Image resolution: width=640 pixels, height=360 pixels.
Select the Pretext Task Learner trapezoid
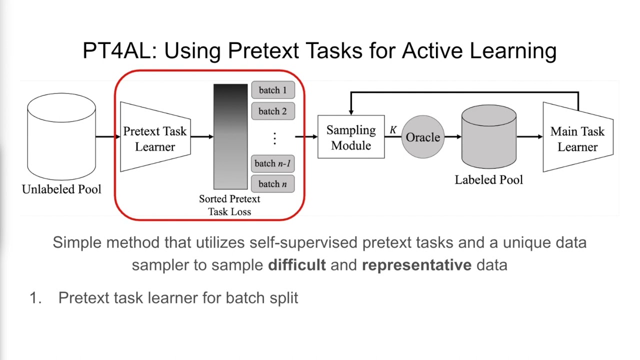(155, 137)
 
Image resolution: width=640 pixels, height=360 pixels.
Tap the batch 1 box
(272, 90)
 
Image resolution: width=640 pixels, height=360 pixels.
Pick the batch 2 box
(272, 111)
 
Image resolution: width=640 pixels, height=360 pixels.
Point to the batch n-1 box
(272, 163)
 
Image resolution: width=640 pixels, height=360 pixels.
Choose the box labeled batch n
(272, 184)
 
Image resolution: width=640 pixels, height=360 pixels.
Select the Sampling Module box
(351, 137)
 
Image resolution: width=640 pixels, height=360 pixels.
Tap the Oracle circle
(423, 137)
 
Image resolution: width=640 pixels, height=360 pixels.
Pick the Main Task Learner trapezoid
(577, 137)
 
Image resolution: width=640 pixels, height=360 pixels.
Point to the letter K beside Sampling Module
(393, 130)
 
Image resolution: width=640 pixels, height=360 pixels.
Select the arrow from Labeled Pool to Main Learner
(529, 136)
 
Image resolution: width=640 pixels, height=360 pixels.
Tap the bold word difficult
(297, 264)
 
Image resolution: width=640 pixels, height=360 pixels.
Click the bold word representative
(416, 264)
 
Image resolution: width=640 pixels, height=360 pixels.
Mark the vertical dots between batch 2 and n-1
(274, 138)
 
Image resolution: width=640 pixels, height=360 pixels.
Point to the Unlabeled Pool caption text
(61, 189)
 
